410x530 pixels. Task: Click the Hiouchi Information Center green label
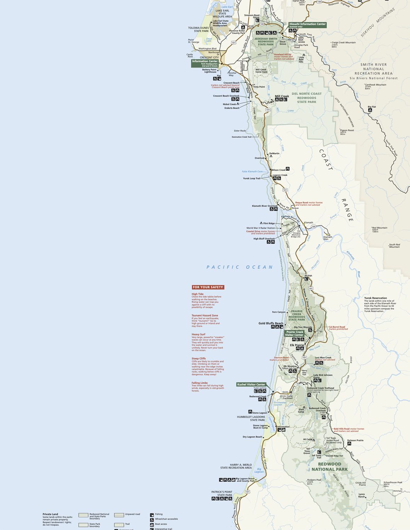pos(307,25)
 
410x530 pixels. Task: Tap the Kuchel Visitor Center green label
pos(251,384)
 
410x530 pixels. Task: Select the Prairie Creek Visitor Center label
pos(295,333)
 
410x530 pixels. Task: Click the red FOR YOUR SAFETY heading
pos(208,287)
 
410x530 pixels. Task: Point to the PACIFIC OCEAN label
pos(240,267)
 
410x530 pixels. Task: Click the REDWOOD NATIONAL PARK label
pos(330,467)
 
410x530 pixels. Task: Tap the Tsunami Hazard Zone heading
pos(205,316)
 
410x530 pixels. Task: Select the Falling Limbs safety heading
pos(200,383)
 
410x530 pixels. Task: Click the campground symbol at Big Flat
pos(370,110)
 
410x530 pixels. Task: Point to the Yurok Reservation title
pos(376,298)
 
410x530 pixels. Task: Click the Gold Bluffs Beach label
pos(271,323)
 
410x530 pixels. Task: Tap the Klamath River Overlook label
pos(265,206)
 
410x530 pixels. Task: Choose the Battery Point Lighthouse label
pos(209,71)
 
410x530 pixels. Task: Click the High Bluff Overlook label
pos(264,238)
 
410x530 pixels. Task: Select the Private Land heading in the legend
pos(50,514)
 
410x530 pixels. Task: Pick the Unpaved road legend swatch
pos(119,515)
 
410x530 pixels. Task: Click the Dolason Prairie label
pos(355,440)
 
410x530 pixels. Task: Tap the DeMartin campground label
pos(274,153)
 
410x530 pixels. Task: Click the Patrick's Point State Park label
pos(222,493)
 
